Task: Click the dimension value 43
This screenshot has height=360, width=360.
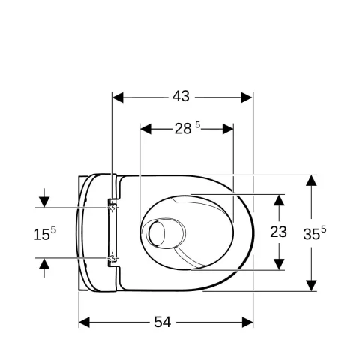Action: coord(181,97)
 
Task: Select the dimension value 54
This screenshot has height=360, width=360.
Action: coord(162,322)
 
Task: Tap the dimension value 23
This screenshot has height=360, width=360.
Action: coord(278,232)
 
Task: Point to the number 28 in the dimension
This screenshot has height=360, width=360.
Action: coord(183,128)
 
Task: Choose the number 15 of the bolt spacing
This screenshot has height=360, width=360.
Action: coord(40,235)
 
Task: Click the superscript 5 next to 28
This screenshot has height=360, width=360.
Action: coord(198,125)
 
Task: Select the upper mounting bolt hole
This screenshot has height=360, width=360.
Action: coord(112,202)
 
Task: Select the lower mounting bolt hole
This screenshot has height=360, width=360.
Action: coord(112,259)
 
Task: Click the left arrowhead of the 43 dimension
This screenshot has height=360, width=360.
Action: coord(118,97)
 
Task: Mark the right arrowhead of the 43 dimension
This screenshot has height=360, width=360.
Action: coord(247,97)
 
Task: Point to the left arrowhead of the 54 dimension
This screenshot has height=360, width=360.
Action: coord(85,322)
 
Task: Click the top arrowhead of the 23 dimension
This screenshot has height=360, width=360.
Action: coord(278,199)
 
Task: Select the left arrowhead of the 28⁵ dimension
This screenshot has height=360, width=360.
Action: coord(146,128)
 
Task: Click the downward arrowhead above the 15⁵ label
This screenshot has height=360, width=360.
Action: coord(44,202)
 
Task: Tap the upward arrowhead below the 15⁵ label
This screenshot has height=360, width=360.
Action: coord(44,263)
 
